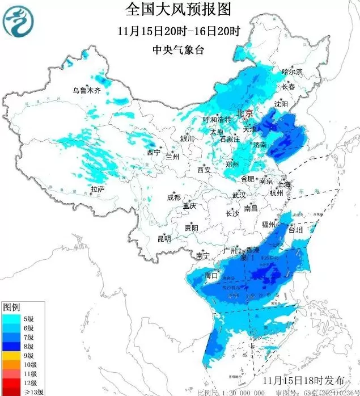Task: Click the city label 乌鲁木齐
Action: point(86,90)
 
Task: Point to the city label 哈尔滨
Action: point(293,72)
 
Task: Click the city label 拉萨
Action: point(98,189)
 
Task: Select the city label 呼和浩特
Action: point(217,120)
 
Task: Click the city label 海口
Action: point(211,275)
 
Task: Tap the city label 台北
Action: point(295,230)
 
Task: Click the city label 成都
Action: point(173,197)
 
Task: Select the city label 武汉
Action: point(239,195)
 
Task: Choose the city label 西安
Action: point(204,170)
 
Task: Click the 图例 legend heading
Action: point(11,307)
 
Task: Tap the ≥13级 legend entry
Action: point(29,391)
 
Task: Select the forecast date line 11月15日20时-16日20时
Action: point(179,31)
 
